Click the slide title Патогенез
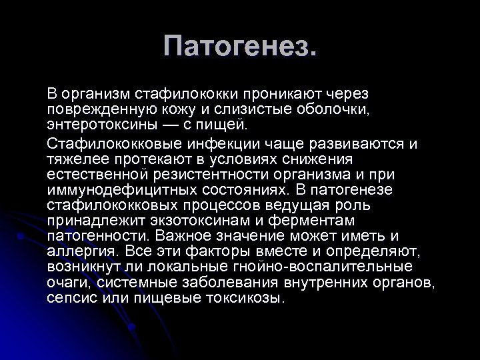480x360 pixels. pos(240,47)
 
